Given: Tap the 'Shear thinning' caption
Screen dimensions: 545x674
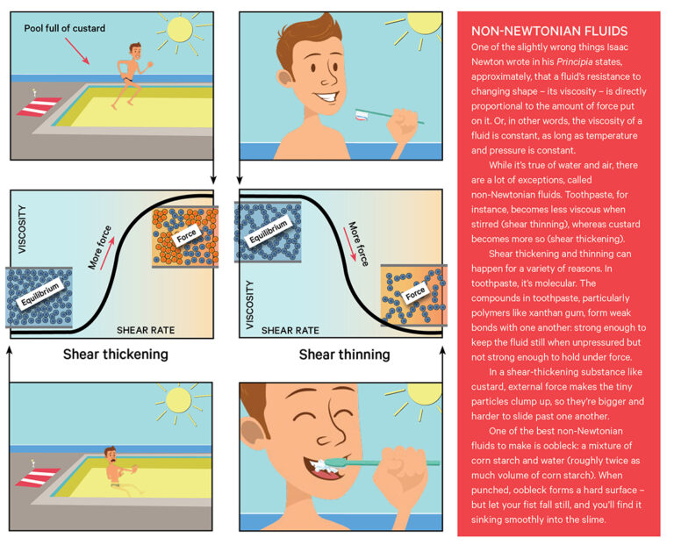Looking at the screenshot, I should [x=344, y=355].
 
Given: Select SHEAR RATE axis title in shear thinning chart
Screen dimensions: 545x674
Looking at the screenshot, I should [x=289, y=331].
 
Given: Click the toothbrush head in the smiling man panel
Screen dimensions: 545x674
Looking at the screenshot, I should [x=362, y=115].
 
